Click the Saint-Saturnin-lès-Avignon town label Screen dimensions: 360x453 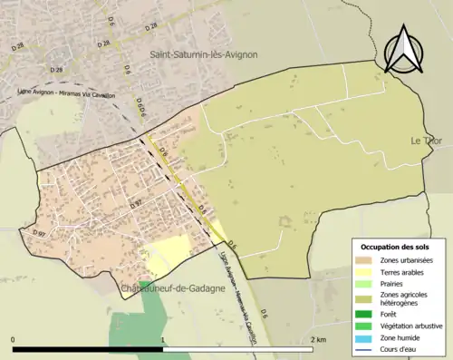coord(204,54)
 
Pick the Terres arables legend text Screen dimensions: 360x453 coord(408,271)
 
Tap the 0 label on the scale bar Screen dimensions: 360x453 coord(14,340)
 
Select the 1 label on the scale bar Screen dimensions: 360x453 coord(163,340)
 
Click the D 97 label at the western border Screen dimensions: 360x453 coord(39,235)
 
